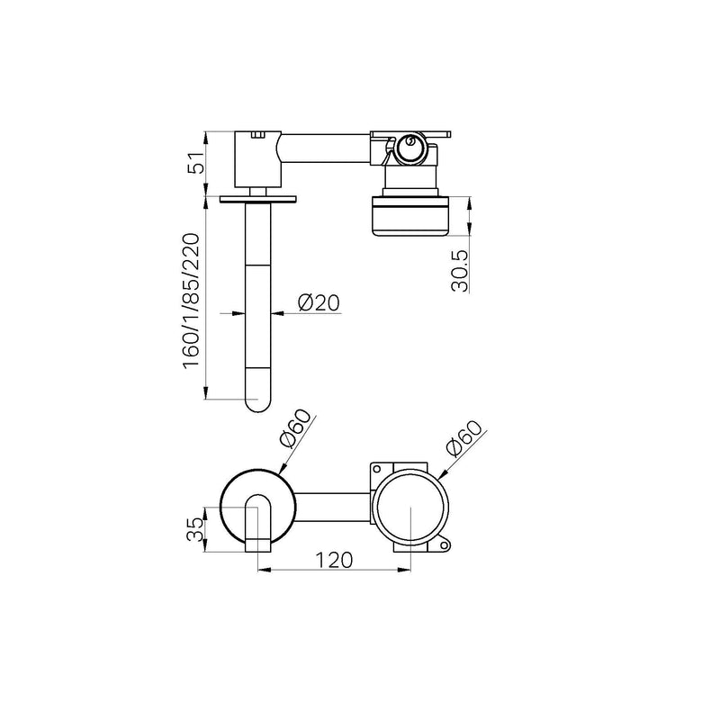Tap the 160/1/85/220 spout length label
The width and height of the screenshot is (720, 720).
pos(192,301)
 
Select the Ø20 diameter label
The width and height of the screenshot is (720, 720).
pos(319,302)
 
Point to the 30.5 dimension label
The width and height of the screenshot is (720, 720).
pos(460,271)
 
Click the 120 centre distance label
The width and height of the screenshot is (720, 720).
pos(334,560)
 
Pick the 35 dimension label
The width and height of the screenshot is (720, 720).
pos(195,529)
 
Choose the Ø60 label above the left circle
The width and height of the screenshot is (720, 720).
pos(295,428)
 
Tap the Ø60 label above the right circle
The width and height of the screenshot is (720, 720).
pos(464,438)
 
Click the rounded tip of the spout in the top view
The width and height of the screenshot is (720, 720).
pos(258,403)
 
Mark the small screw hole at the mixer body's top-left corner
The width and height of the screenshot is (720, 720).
pos(377,469)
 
